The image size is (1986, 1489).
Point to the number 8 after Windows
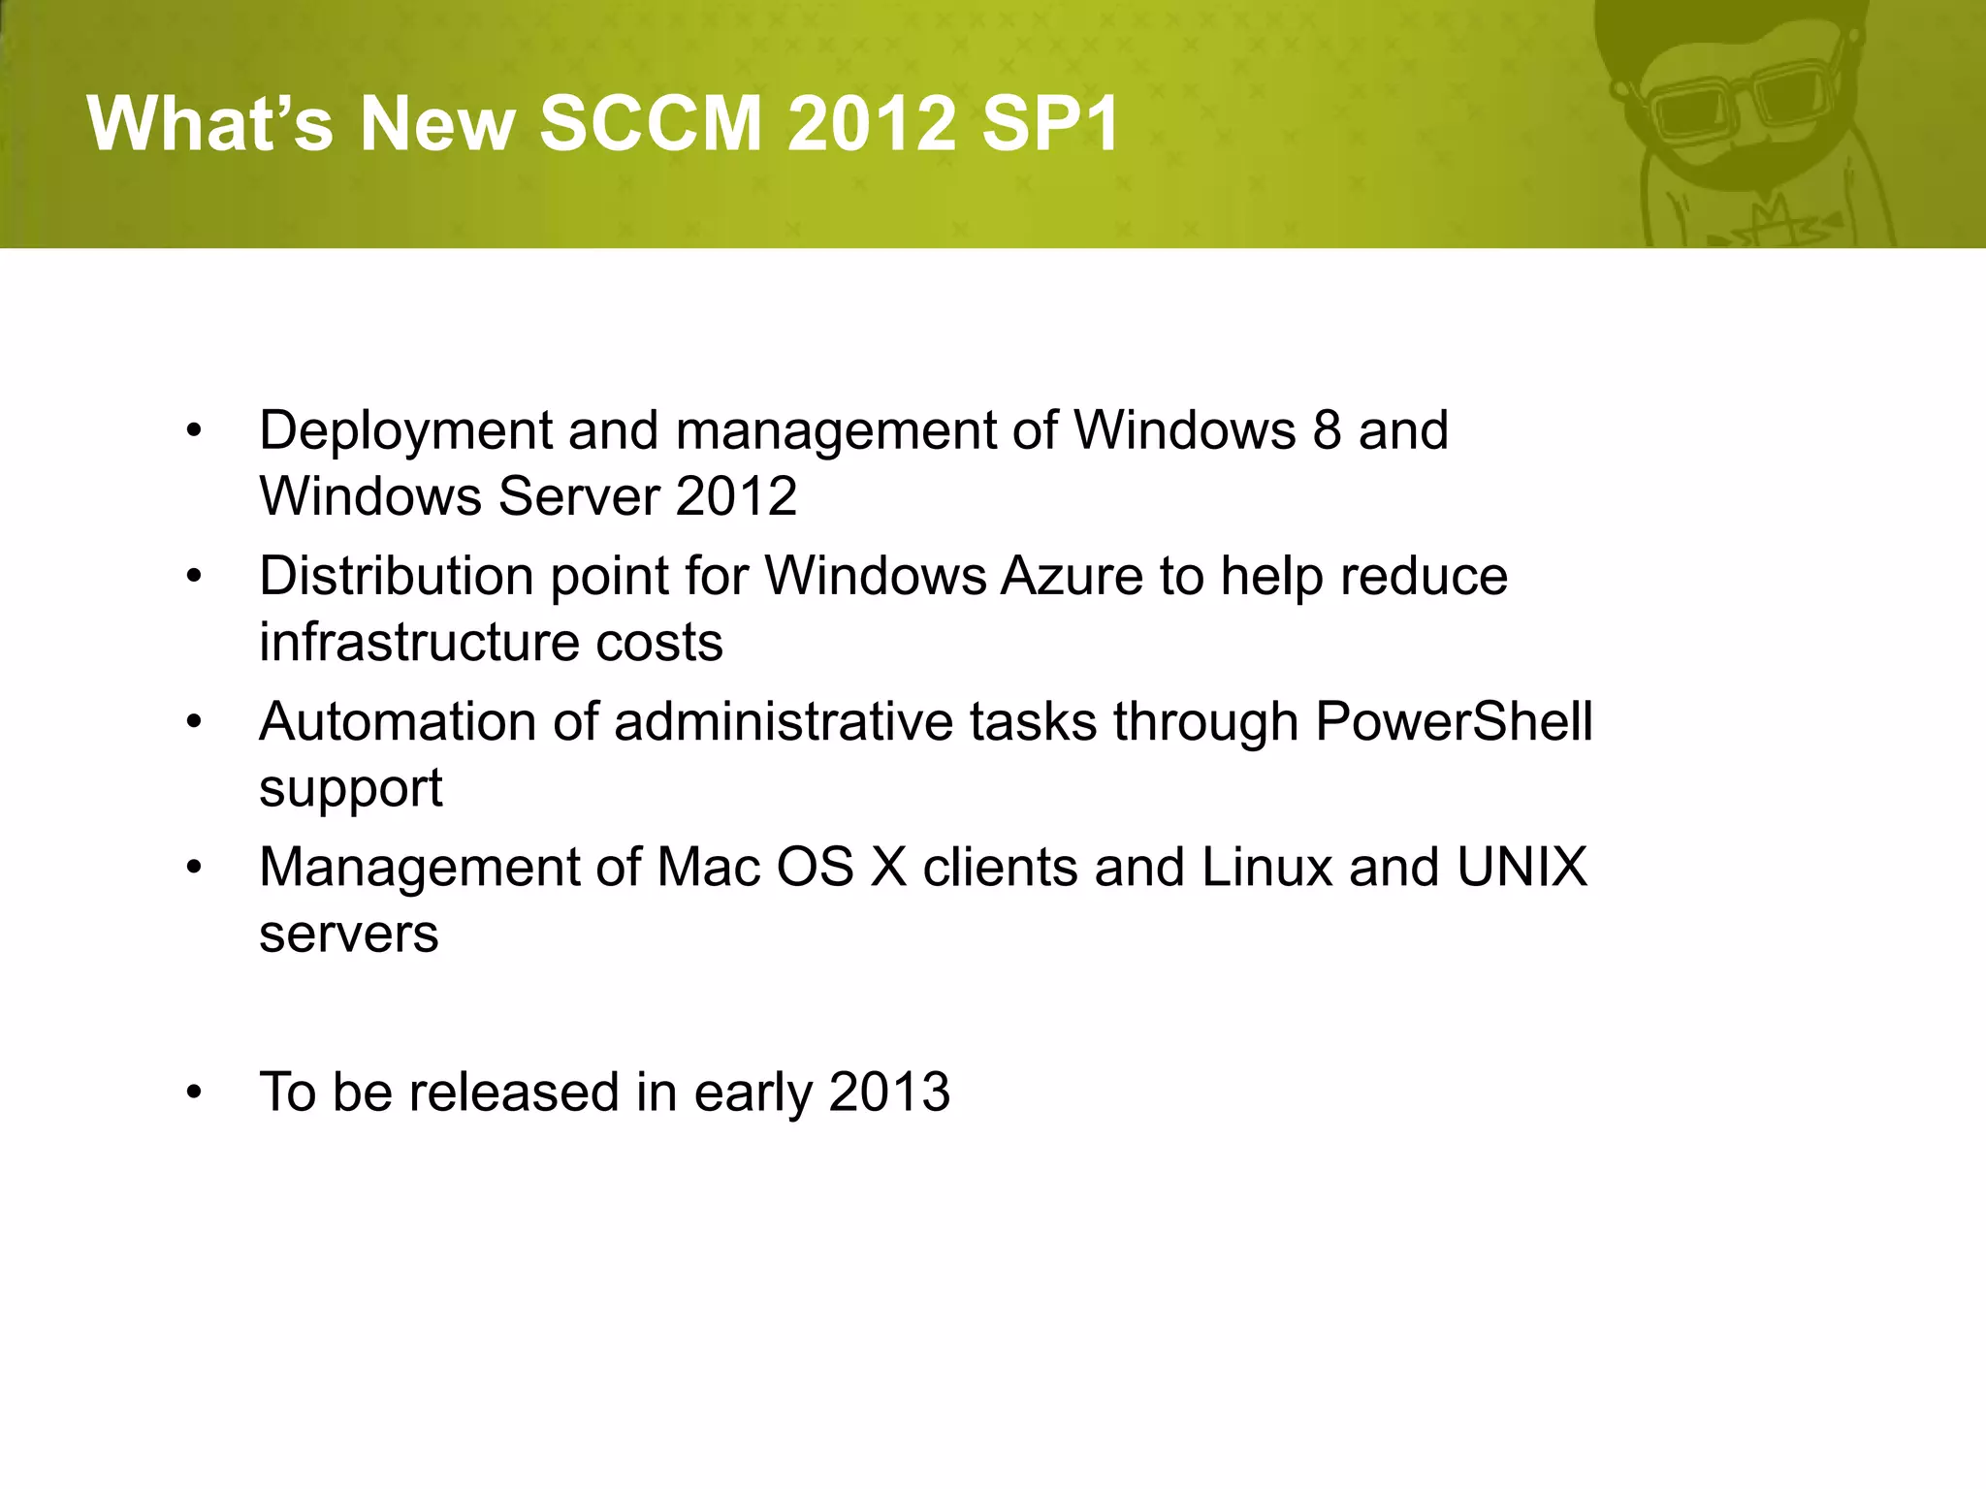[x=1327, y=430]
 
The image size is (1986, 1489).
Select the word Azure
[x=1072, y=576]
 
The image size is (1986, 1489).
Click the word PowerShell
[x=1453, y=722]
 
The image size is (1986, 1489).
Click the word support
[x=350, y=789]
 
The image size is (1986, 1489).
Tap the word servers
[x=348, y=935]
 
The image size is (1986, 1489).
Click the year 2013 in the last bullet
[x=889, y=1093]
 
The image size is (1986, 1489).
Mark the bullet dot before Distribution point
[x=195, y=577]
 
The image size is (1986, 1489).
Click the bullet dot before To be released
[x=195, y=1093]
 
